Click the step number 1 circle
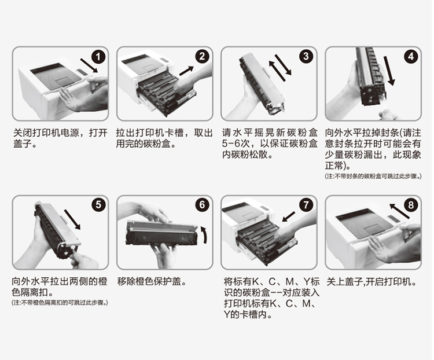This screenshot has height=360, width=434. tap(98, 57)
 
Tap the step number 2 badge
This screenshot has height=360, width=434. tap(202, 57)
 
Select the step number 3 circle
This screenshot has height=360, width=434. tap(306, 57)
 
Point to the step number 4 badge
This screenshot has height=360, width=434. tap(411, 57)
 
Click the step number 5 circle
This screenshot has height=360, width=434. tap(98, 205)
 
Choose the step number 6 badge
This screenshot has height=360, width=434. tap(203, 205)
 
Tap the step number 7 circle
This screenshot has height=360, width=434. tap(306, 205)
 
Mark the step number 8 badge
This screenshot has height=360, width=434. tap(411, 205)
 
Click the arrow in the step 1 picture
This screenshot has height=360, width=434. tap(89, 65)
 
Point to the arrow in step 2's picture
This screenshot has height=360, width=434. tap(186, 71)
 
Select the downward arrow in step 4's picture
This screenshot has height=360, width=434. tap(389, 71)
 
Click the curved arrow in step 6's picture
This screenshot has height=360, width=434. tap(204, 235)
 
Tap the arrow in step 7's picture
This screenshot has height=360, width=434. tap(288, 217)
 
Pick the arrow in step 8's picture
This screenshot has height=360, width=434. tap(399, 211)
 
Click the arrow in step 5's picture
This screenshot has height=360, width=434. tap(72, 219)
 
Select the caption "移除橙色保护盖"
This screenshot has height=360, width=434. tap(152, 282)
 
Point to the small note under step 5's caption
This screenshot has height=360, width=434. tap(60, 303)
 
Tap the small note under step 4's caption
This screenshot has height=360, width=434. tap(373, 177)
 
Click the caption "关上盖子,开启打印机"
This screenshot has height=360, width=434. tap(372, 282)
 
